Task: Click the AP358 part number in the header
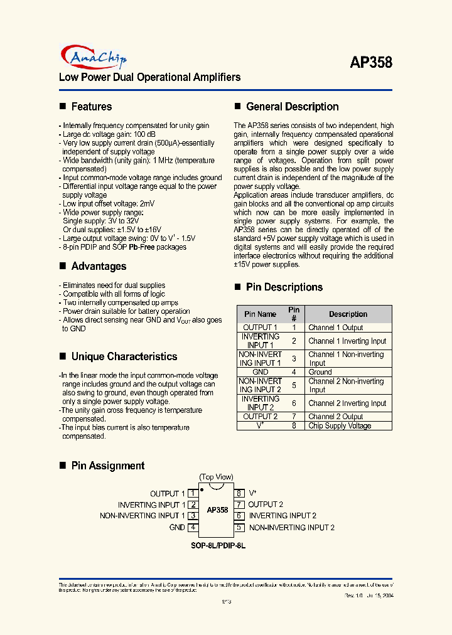click(370, 63)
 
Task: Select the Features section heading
click(91, 107)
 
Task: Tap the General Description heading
click(292, 107)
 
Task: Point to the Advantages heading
click(99, 266)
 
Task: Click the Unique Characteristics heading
click(124, 356)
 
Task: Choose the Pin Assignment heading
click(107, 466)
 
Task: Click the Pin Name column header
click(260, 314)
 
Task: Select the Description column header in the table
click(348, 314)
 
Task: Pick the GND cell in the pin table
click(260, 372)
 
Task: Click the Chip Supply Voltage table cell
click(340, 425)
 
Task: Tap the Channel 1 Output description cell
click(335, 328)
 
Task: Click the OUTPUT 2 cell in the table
click(260, 417)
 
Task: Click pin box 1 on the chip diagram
click(193, 494)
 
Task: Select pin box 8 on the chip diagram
click(239, 494)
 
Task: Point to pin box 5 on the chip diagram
click(239, 528)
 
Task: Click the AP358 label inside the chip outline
click(217, 510)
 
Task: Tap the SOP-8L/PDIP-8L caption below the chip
click(218, 546)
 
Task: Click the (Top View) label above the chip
click(216, 477)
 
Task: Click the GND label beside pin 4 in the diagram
click(177, 528)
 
